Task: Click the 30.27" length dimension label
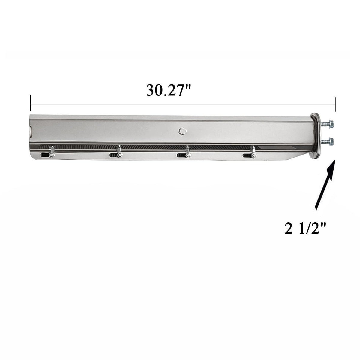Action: pos(169,90)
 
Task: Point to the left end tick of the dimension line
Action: pos(31,103)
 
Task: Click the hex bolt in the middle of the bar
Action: pos(182,131)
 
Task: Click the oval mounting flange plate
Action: pos(315,136)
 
